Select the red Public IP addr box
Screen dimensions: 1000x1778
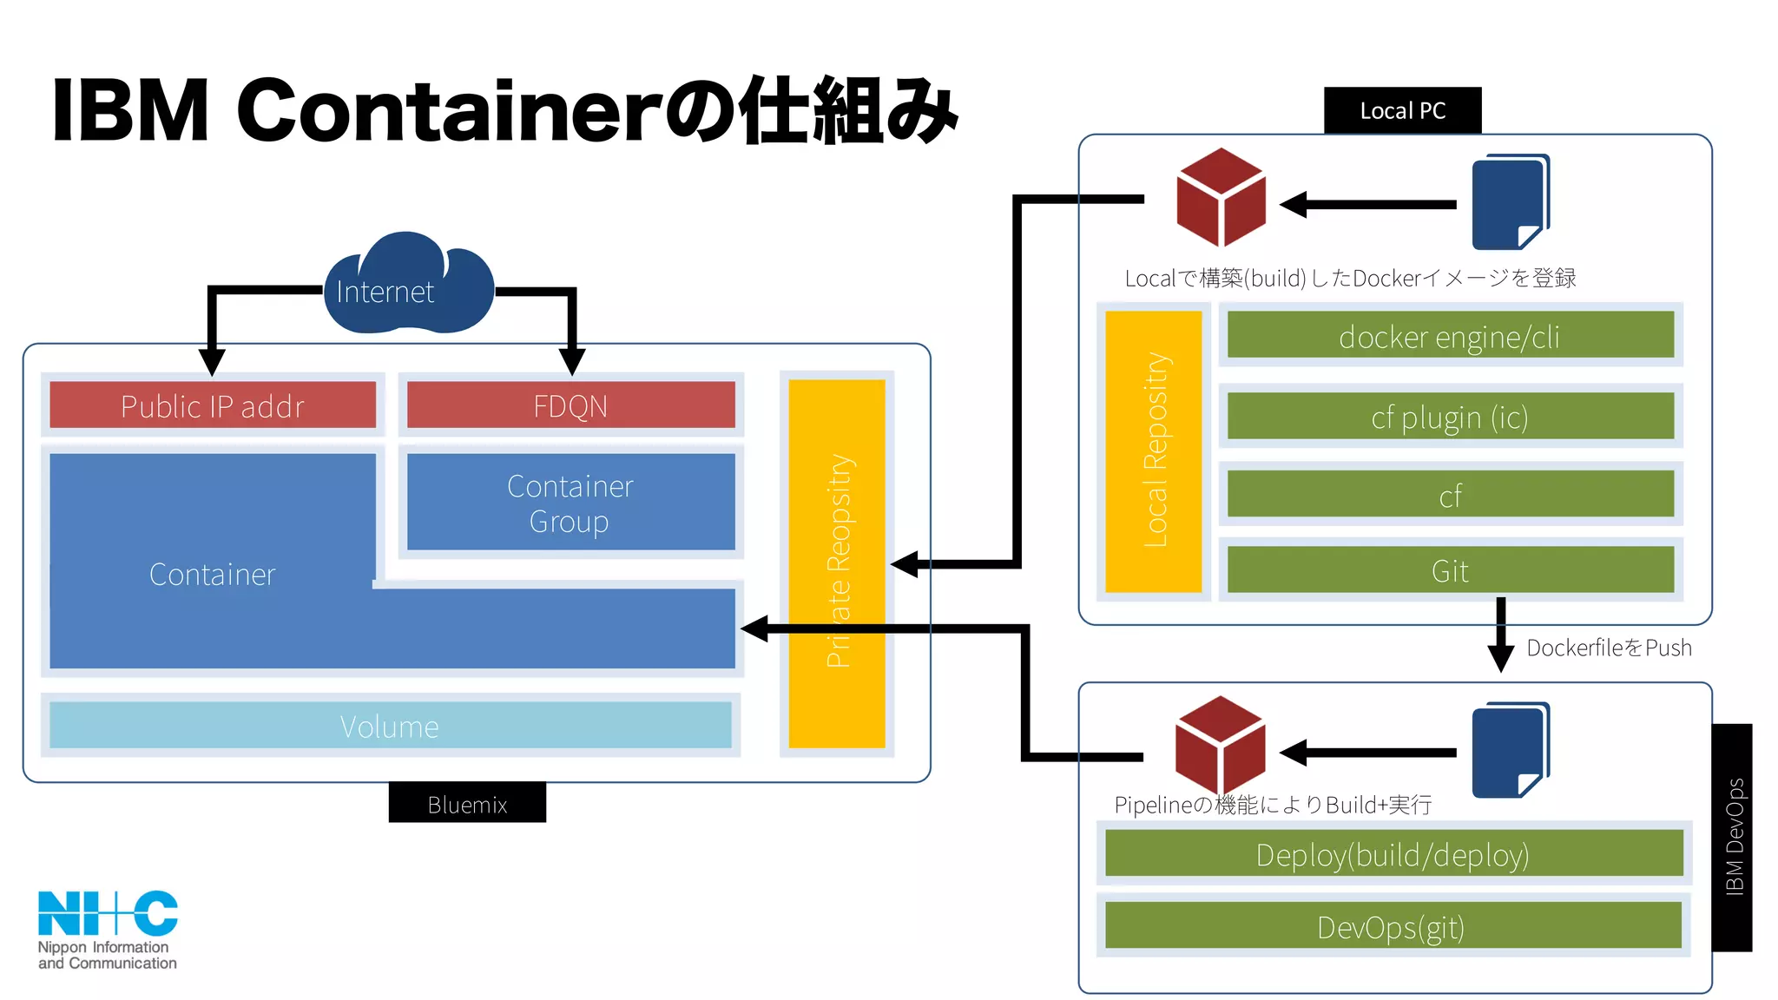click(213, 405)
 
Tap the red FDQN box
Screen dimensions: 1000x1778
click(570, 405)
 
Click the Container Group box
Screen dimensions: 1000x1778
click(570, 503)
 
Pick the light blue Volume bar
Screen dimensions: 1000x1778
click(390, 726)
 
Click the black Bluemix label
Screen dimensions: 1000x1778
click(467, 804)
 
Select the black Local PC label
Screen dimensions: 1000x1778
click(1402, 110)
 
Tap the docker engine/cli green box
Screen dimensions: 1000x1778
click(1450, 336)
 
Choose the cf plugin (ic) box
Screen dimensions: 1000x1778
click(1450, 417)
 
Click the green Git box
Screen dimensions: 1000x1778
click(1450, 570)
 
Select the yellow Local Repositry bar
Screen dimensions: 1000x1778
click(1154, 451)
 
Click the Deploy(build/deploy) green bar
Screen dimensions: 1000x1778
click(1393, 854)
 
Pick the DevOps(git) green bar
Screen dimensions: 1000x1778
click(1393, 926)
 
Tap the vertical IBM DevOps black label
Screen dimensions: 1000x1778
click(1732, 837)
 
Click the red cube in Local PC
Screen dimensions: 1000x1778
click(1220, 198)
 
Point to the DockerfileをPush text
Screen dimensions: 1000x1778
click(1608, 648)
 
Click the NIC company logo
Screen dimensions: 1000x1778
click(107, 929)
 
